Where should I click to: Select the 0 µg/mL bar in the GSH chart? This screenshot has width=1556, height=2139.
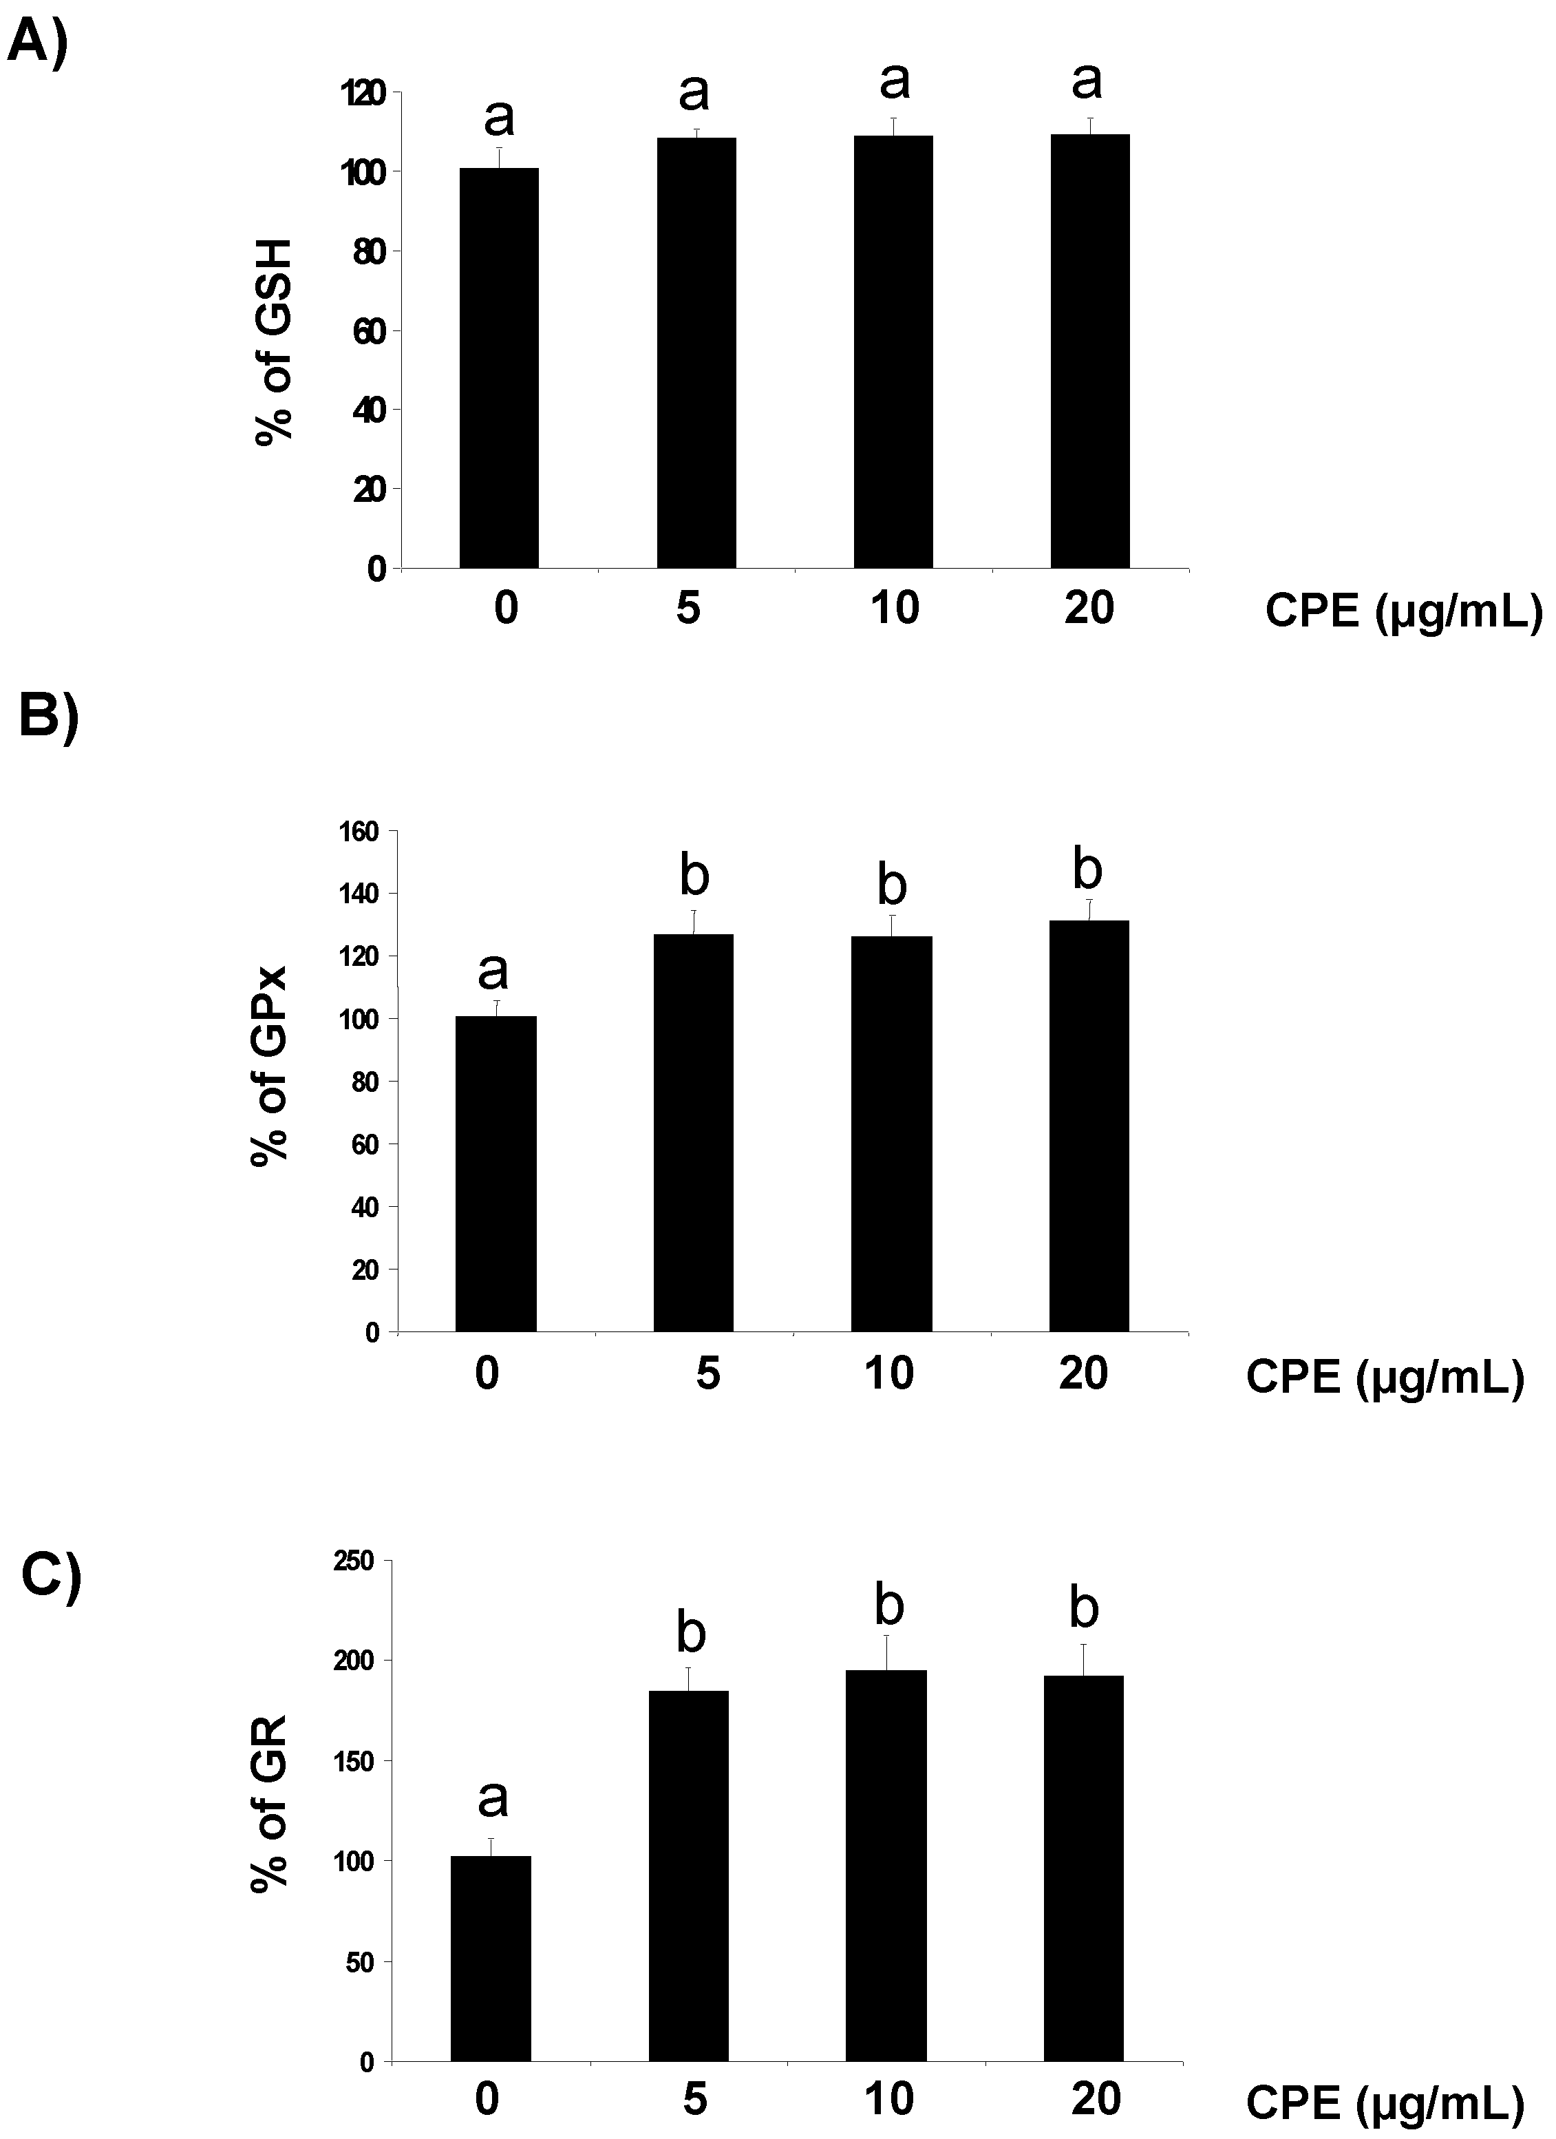499,368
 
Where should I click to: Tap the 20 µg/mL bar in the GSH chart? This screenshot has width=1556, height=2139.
1090,351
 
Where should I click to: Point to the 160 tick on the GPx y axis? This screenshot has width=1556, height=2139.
363,831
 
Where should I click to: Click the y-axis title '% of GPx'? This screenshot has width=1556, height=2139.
270,1066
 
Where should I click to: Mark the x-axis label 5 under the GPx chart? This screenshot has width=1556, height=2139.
707,1373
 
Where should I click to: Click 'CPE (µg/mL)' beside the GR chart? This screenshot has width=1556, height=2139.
1385,2103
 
